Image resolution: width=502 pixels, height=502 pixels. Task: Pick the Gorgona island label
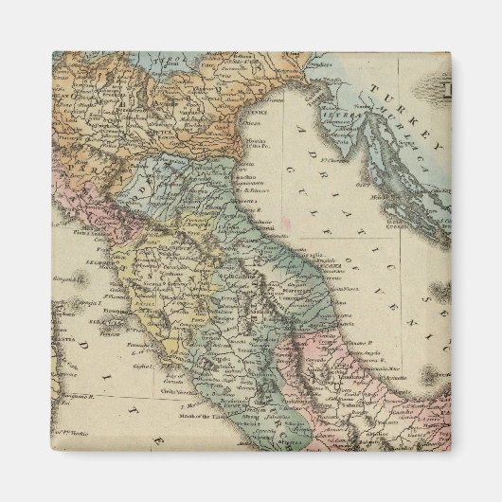[64, 282]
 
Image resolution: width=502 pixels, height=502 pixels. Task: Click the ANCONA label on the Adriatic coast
[313, 266]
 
